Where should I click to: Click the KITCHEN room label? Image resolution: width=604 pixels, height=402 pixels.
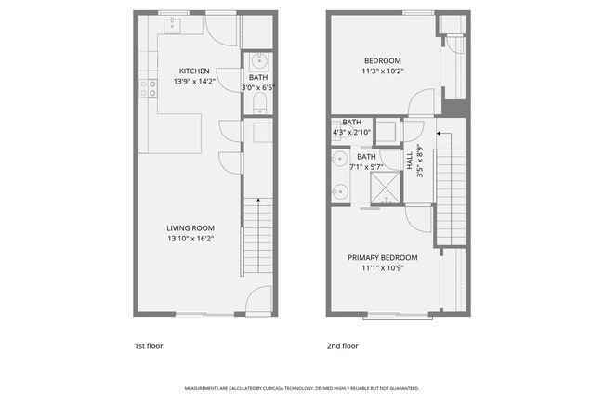tap(194, 71)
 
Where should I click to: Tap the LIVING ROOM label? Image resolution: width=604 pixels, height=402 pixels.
tap(190, 228)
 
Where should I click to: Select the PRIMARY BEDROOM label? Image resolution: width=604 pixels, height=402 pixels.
tap(383, 258)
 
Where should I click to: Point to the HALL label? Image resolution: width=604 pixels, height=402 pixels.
tap(410, 161)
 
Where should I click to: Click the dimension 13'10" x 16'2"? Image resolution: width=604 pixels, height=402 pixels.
tap(190, 239)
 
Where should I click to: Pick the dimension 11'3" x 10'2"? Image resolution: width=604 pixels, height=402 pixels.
tap(383, 71)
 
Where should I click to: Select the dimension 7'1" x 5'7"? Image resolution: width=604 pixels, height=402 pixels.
tap(366, 167)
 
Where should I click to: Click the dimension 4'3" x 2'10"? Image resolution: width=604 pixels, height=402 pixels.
tap(351, 133)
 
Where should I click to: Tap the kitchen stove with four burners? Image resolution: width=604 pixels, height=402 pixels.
tap(149, 88)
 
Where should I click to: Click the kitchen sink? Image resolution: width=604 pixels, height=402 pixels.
tap(172, 26)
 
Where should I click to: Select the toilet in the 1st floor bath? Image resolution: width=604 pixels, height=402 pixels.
tap(260, 103)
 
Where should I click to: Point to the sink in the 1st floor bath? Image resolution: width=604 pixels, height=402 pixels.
tap(259, 61)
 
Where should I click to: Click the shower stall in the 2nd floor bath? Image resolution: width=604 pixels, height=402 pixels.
tap(386, 188)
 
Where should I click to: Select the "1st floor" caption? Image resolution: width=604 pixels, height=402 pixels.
tap(149, 346)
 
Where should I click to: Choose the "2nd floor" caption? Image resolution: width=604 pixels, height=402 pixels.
tap(343, 346)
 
